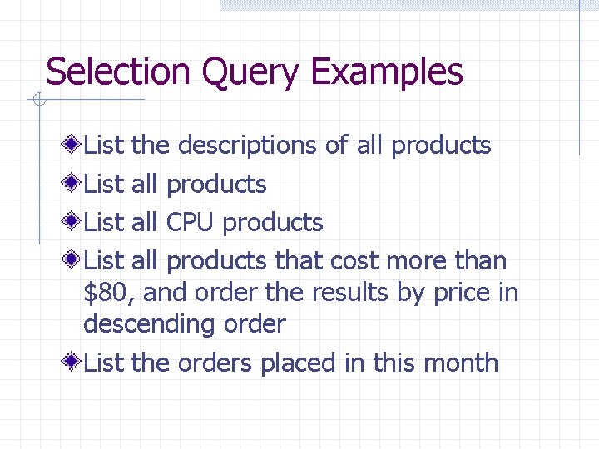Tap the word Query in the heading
pos(250,73)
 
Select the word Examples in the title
pos(386,73)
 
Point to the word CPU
pos(191,222)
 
